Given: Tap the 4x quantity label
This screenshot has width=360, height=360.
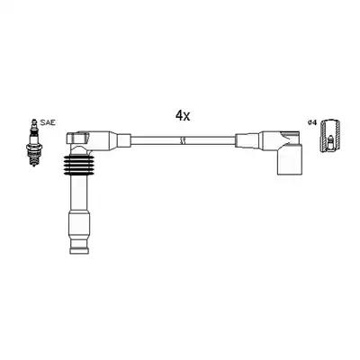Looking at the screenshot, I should (182, 116).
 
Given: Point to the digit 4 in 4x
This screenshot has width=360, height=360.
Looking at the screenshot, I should (178, 116).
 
